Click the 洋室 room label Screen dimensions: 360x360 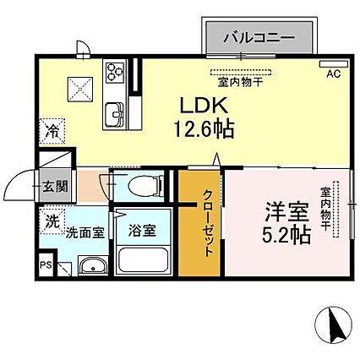[280, 208]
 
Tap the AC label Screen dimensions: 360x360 [333, 74]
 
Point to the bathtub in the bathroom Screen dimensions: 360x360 [142, 261]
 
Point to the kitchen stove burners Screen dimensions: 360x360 [114, 72]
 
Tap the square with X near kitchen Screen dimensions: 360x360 [81, 87]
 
